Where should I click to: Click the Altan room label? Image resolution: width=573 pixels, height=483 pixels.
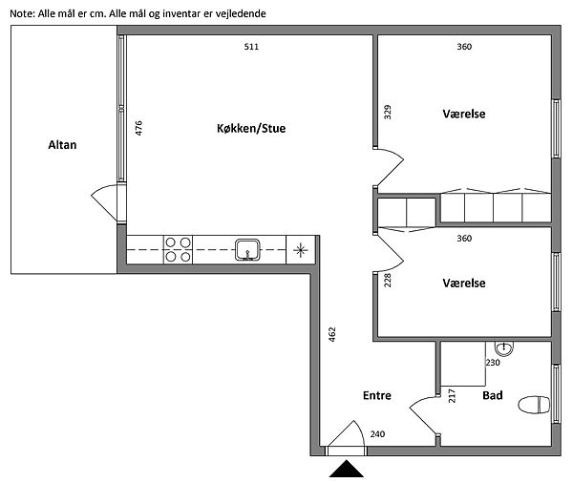62,145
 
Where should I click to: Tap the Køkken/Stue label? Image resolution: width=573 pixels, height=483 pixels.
251,128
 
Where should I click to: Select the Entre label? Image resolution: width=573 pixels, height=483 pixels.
377,395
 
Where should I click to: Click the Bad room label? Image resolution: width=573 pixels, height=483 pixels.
492,395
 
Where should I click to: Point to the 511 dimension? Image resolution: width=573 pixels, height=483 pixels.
251,47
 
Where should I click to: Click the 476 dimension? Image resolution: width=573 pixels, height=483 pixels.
138,128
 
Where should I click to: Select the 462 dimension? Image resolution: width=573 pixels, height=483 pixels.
331,334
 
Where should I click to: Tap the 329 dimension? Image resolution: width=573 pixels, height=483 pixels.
388,113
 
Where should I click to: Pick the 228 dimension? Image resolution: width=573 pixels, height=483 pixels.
388,281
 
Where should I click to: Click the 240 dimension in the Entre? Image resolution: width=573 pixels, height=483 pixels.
377,434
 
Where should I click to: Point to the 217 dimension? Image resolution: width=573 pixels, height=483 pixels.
452,396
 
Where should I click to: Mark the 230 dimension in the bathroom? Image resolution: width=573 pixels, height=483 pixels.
493,363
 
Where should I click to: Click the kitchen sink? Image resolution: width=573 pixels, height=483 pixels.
247,249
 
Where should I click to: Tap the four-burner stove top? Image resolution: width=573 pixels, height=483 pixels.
178,249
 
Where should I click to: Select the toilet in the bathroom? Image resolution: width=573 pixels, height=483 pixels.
534,405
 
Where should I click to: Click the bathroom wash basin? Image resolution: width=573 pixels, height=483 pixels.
504,348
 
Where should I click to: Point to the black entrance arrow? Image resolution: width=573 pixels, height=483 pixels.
346,469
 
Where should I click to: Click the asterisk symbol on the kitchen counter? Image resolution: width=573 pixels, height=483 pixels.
301,250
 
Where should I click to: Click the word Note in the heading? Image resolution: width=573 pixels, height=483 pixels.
21,14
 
